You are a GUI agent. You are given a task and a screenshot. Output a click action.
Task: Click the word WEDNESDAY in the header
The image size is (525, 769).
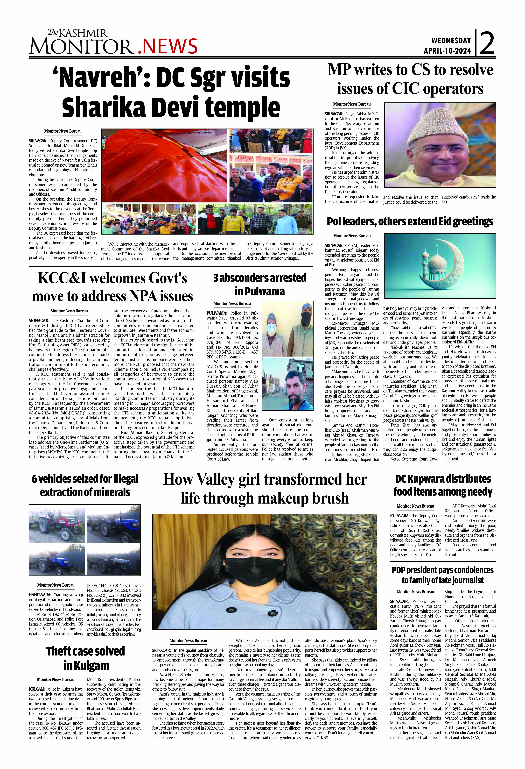click(x=451, y=41)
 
